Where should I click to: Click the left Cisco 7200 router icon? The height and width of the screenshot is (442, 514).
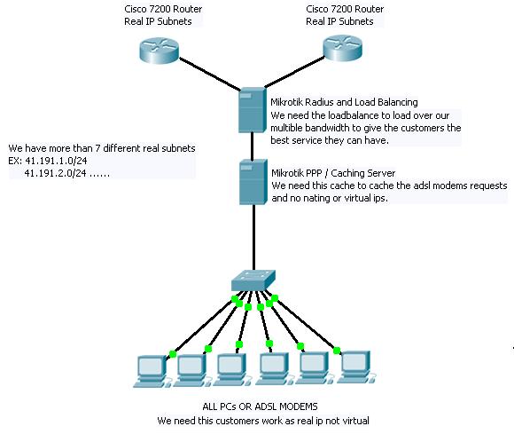160,51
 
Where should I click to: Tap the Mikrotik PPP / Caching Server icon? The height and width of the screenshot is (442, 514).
252,181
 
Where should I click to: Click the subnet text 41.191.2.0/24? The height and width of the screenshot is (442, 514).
54,174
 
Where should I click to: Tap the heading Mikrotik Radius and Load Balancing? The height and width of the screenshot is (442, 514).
344,103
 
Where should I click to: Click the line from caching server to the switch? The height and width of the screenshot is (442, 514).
252,240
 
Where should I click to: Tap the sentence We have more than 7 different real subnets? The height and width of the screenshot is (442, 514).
101,147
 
